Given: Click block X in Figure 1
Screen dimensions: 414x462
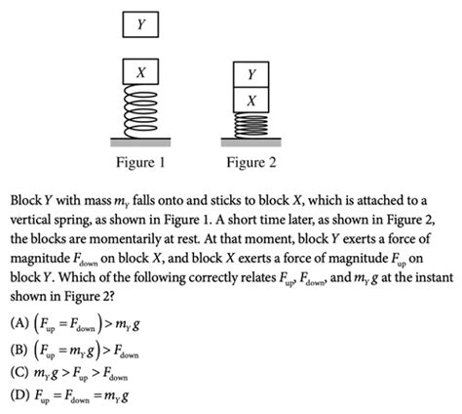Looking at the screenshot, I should coord(141,71).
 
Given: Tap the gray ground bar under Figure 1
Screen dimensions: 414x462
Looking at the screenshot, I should coord(141,139).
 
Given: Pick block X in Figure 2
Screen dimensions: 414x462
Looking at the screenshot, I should coord(251,101).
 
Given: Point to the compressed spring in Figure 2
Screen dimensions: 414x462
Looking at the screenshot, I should coord(251,125).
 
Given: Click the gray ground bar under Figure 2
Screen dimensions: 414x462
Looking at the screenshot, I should coord(251,139).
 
